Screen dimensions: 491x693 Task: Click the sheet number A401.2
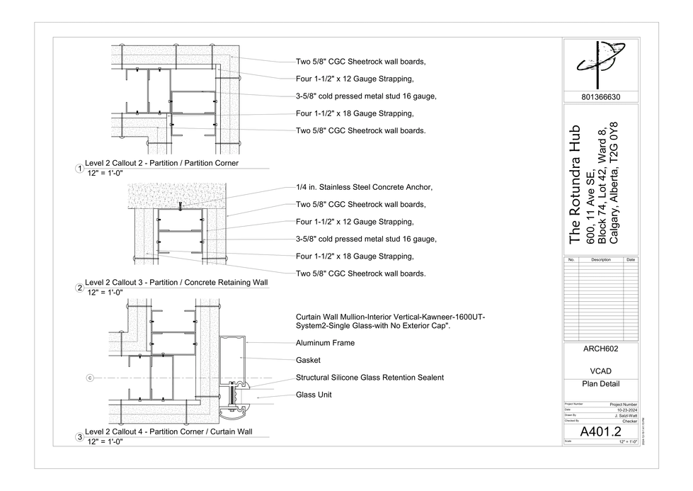pyautogui.click(x=600, y=431)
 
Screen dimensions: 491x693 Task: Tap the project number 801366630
pyautogui.click(x=600, y=97)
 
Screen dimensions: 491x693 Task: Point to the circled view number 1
pyautogui.click(x=80, y=168)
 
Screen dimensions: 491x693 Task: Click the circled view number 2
pyautogui.click(x=80, y=287)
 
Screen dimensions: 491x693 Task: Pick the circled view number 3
pyautogui.click(x=80, y=436)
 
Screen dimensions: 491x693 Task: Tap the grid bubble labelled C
pyautogui.click(x=90, y=378)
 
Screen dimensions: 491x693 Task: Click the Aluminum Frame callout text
pyautogui.click(x=325, y=343)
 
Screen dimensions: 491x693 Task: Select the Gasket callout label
pyautogui.click(x=308, y=361)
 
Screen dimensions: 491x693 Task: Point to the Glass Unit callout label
pyautogui.click(x=314, y=395)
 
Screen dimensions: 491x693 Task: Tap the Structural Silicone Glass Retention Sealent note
pyautogui.click(x=370, y=378)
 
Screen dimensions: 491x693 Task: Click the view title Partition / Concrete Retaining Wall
pyautogui.click(x=176, y=282)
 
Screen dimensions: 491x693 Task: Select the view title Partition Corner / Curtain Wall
pyautogui.click(x=168, y=431)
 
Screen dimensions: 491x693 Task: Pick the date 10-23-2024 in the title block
pyautogui.click(x=626, y=410)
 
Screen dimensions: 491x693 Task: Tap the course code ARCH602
pyautogui.click(x=600, y=349)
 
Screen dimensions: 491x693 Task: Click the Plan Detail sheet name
pyautogui.click(x=600, y=384)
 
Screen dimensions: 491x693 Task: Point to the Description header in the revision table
pyautogui.click(x=600, y=260)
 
